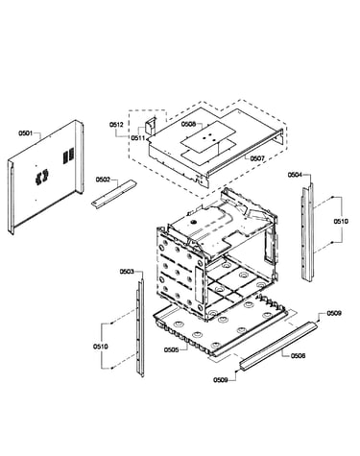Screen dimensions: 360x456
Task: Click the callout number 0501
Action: click(x=26, y=133)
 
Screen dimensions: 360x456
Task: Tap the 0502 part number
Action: click(x=103, y=180)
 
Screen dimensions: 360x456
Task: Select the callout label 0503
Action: click(x=127, y=272)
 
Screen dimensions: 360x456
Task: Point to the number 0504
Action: click(x=295, y=175)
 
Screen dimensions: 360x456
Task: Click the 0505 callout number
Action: click(x=171, y=349)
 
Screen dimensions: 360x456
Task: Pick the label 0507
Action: click(x=257, y=158)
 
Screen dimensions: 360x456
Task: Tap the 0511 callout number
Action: click(x=138, y=138)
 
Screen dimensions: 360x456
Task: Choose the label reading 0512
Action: click(x=116, y=125)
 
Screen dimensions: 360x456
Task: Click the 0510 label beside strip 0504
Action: click(x=341, y=221)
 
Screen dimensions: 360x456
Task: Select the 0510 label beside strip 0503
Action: click(x=101, y=347)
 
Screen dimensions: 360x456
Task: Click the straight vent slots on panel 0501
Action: click(x=68, y=156)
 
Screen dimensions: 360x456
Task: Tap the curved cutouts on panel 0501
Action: click(x=42, y=177)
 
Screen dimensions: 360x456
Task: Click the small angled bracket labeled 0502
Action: click(x=113, y=194)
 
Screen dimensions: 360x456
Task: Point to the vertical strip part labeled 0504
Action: click(x=307, y=232)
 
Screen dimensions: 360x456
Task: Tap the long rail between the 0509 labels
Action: click(x=278, y=347)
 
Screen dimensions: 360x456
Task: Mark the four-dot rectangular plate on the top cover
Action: click(x=208, y=136)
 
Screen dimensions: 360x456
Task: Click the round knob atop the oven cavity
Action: click(x=193, y=222)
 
